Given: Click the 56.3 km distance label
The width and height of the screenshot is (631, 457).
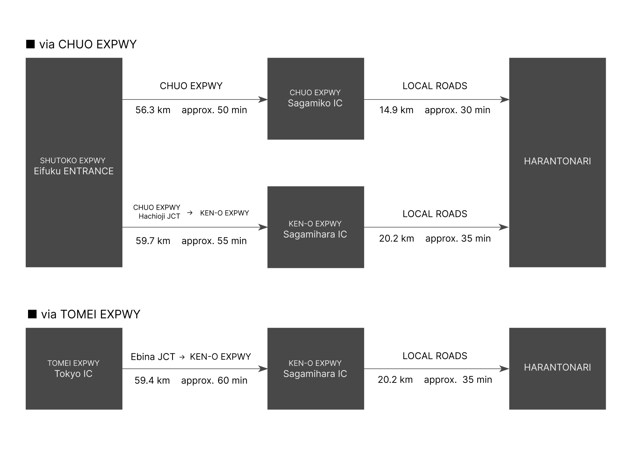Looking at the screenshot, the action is point(153,110).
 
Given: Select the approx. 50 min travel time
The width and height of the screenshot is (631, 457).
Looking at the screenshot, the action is point(214,110).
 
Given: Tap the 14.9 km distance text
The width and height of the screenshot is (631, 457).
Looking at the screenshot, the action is point(397,110).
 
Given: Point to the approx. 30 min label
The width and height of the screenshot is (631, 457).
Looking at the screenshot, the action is point(457,110).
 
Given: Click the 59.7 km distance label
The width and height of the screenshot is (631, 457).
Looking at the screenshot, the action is point(153,241).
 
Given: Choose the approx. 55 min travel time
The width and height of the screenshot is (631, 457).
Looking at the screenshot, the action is point(214,241).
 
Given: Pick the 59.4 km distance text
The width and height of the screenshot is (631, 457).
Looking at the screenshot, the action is point(152,380).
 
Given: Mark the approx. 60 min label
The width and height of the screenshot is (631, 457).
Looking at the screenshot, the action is point(214,380).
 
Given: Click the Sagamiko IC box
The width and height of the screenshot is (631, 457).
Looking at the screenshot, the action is point(316,99).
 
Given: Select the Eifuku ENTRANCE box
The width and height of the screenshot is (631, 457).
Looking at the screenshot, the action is point(74,162).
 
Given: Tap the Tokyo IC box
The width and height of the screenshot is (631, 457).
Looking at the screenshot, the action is point(74,369).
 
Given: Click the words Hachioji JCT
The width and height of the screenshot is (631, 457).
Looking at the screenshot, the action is point(159,216).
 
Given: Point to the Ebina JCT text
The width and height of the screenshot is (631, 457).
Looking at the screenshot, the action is point(153,357).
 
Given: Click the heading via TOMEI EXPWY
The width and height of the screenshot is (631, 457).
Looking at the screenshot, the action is point(91,314).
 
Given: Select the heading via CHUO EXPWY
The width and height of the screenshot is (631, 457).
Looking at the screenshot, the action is point(88,44).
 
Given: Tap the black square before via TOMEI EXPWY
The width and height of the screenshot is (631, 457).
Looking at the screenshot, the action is point(32,314).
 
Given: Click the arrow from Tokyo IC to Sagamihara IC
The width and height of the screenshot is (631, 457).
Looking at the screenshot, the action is point(195,369).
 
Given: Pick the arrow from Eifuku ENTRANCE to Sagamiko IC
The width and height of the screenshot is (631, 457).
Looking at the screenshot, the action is point(195,99).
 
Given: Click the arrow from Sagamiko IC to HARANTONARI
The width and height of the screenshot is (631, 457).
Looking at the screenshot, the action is point(437,99).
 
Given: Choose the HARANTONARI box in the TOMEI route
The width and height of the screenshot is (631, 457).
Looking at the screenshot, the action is point(557,369).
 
